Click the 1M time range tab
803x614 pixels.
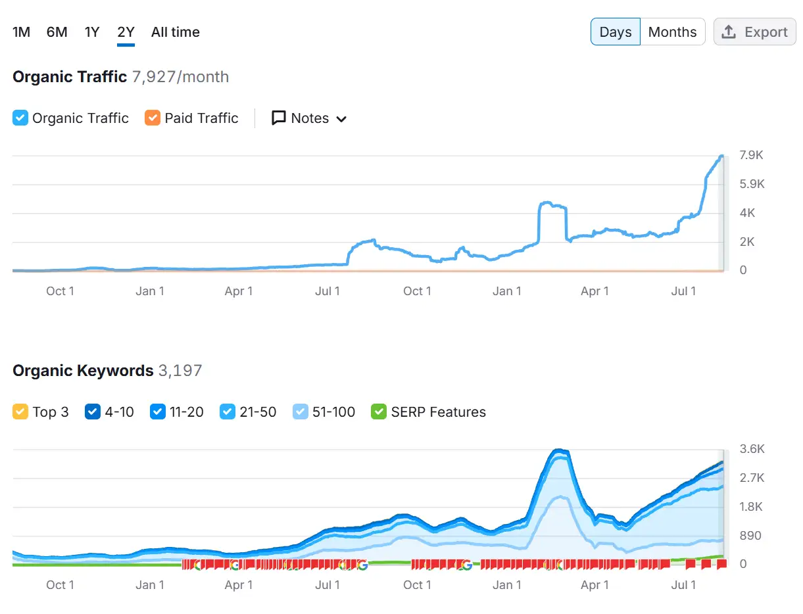pos(21,32)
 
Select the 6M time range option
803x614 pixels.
pos(57,32)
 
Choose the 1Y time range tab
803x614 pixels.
pos(92,32)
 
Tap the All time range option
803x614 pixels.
pos(175,32)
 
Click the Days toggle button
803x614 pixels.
pos(615,32)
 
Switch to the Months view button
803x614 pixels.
pos(672,32)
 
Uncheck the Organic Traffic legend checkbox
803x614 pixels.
pos(20,118)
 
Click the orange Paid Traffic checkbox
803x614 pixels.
pos(153,118)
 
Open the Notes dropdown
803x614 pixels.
pos(309,118)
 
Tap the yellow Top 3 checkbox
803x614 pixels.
pos(20,412)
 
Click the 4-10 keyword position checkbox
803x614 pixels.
pos(93,412)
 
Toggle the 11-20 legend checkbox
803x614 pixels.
pos(157,412)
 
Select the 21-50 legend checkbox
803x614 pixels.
pos(228,412)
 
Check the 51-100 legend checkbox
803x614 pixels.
pos(300,412)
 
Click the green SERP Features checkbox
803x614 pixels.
pos(379,412)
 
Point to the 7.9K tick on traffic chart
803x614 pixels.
pos(751,156)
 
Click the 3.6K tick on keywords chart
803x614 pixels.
pos(752,449)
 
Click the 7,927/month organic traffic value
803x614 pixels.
pos(180,77)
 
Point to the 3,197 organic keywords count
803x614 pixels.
pos(180,371)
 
